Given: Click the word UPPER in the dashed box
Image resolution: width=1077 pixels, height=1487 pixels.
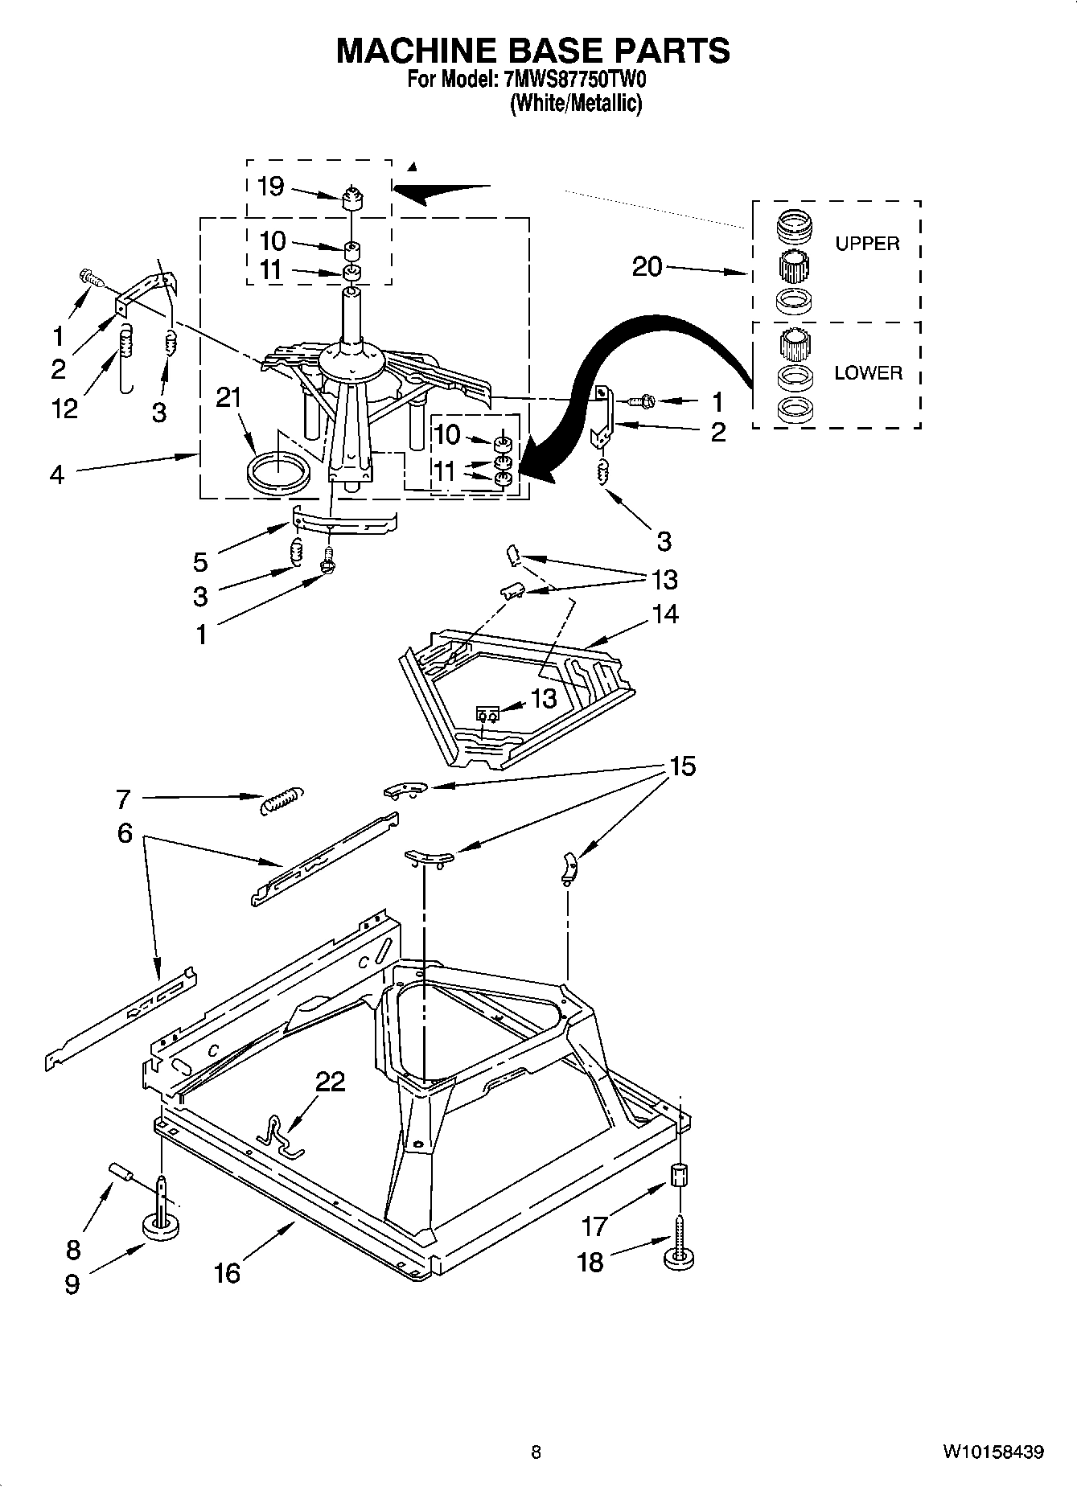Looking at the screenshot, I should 866,244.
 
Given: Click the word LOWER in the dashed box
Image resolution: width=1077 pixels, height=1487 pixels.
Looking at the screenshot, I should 867,373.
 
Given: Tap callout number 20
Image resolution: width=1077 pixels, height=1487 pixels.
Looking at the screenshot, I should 647,266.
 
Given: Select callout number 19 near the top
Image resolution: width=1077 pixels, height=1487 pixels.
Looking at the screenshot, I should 271,187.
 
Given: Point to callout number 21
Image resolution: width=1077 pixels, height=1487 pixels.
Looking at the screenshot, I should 228,397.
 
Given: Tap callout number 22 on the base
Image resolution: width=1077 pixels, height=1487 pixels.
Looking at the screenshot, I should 330,1082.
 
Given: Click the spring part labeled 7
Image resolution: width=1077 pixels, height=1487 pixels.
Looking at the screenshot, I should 282,799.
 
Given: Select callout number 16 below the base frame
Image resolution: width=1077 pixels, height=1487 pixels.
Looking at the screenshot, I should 228,1272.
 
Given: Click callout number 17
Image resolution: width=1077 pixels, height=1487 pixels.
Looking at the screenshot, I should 594,1226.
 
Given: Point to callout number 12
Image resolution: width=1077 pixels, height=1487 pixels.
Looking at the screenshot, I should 64,409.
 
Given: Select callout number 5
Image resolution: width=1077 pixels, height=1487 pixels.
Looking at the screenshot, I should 200,561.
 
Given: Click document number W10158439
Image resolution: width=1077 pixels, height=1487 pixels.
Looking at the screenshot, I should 993,1452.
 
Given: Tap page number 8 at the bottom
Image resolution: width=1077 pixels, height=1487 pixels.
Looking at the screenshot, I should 536,1452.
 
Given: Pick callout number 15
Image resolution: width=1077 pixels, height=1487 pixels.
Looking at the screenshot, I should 681,767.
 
